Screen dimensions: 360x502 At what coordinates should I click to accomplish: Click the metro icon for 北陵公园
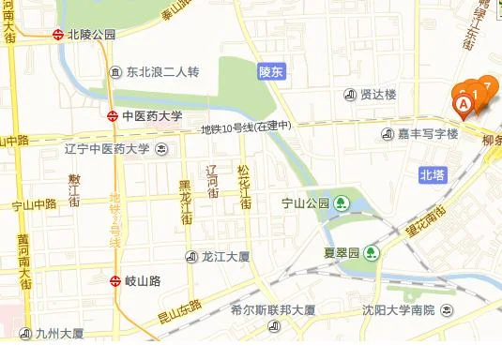58,34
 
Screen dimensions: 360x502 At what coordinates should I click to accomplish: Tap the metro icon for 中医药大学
114,117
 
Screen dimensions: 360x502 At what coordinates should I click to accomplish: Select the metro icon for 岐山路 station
114,280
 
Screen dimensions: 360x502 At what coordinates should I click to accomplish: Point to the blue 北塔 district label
434,175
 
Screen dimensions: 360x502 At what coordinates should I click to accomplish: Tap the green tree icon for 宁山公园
342,202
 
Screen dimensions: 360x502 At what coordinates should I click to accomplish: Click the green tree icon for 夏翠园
373,253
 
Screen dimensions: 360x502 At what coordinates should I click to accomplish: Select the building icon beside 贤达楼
351,94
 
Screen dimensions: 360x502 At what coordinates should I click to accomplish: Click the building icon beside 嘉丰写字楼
387,135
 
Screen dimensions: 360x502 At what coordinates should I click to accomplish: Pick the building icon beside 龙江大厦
192,255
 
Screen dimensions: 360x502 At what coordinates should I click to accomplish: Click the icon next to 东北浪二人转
114,72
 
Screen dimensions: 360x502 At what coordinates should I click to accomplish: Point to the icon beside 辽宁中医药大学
162,149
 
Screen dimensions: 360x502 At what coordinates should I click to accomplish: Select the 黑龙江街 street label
186,200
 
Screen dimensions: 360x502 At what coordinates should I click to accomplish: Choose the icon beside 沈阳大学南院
353,310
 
